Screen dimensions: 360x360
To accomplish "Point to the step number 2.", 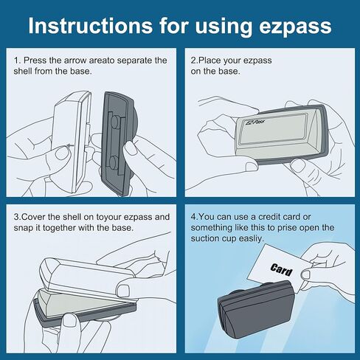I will (x=194, y=60).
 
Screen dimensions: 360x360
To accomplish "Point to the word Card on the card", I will (x=281, y=269).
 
